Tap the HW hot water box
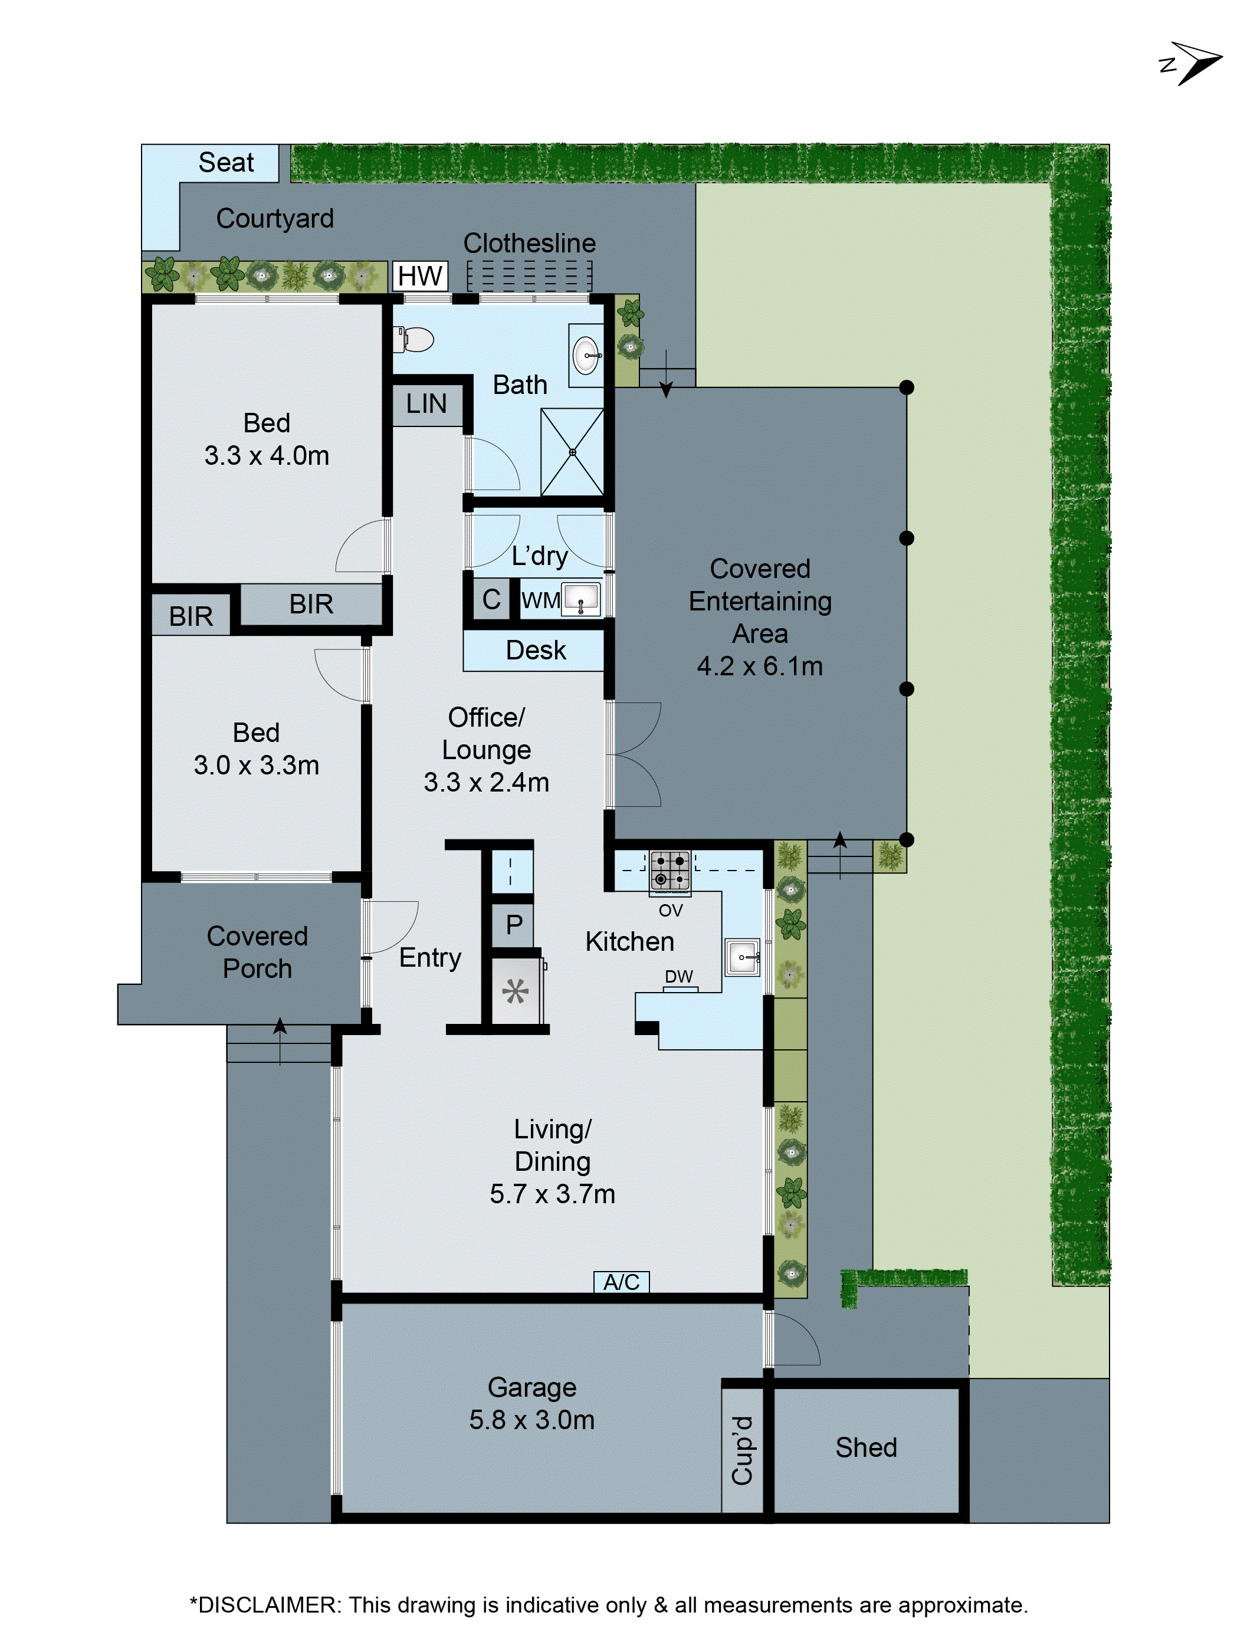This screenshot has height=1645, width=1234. click(x=419, y=276)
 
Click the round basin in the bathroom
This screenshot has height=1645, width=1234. click(x=587, y=356)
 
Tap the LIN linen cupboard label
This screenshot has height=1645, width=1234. click(x=426, y=405)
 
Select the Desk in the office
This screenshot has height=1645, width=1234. click(x=535, y=651)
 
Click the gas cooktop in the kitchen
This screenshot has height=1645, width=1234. click(x=670, y=870)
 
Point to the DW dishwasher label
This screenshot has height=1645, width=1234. click(x=678, y=976)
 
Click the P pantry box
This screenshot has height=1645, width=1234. click(x=513, y=925)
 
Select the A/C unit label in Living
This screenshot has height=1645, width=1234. click(x=621, y=1282)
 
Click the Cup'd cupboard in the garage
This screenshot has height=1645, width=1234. click(x=742, y=1450)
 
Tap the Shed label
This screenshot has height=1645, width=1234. click(x=866, y=1447)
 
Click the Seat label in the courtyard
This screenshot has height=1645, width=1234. click(x=225, y=162)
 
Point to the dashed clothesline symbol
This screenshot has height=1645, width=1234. click(x=529, y=276)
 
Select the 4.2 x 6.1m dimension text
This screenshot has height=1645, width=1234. click(x=759, y=666)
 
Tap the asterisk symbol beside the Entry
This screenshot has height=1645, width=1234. click(x=516, y=991)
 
